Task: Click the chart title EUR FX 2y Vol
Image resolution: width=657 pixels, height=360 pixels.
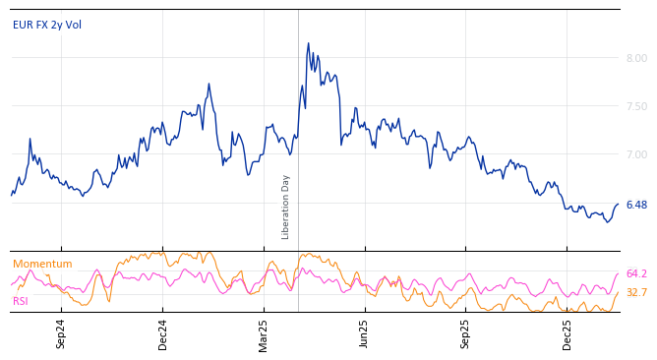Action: pos(47,25)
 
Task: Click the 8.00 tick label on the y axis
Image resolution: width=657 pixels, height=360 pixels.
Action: pos(635,59)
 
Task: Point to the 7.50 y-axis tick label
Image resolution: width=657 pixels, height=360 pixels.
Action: pos(635,107)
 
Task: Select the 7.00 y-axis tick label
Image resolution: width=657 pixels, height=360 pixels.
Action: pos(635,155)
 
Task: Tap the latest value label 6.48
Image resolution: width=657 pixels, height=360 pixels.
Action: pos(635,205)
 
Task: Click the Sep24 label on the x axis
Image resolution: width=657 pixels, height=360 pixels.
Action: pos(61,334)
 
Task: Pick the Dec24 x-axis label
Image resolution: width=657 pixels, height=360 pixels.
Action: pos(163,334)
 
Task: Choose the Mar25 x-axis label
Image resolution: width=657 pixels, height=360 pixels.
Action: pos(264,334)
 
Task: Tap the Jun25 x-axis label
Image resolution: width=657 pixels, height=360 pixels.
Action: pos(365,334)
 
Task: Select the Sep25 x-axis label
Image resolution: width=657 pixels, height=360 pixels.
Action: pos(466,334)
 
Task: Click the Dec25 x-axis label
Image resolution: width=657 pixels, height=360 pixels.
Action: pos(567,334)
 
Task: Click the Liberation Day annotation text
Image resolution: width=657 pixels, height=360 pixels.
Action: pos(286,207)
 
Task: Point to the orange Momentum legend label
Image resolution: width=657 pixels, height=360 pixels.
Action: pos(42,264)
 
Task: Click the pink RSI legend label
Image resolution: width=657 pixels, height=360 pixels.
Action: pos(21,301)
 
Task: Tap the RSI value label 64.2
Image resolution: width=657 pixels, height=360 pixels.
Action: pos(636,273)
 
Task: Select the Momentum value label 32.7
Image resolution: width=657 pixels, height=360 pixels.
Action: pos(636,293)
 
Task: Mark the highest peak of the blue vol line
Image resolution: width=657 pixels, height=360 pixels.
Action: pos(308,43)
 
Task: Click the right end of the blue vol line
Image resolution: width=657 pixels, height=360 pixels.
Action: pos(619,204)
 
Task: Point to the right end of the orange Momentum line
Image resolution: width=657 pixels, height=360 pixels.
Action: pos(619,292)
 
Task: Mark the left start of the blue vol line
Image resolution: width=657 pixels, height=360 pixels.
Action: pos(11,195)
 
